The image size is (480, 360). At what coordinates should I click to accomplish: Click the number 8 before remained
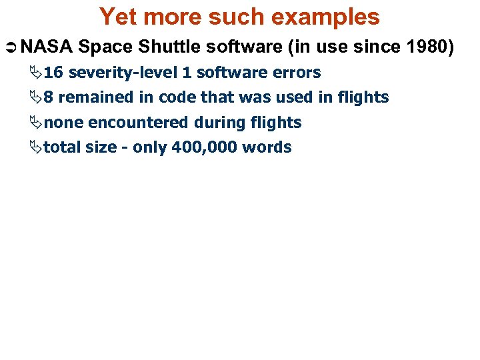[49, 97]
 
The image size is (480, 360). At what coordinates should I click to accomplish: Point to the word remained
[96, 97]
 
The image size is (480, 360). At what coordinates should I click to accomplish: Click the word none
[63, 123]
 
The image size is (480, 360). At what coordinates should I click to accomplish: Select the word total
[62, 147]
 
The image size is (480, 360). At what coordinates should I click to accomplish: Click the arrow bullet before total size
[37, 147]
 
